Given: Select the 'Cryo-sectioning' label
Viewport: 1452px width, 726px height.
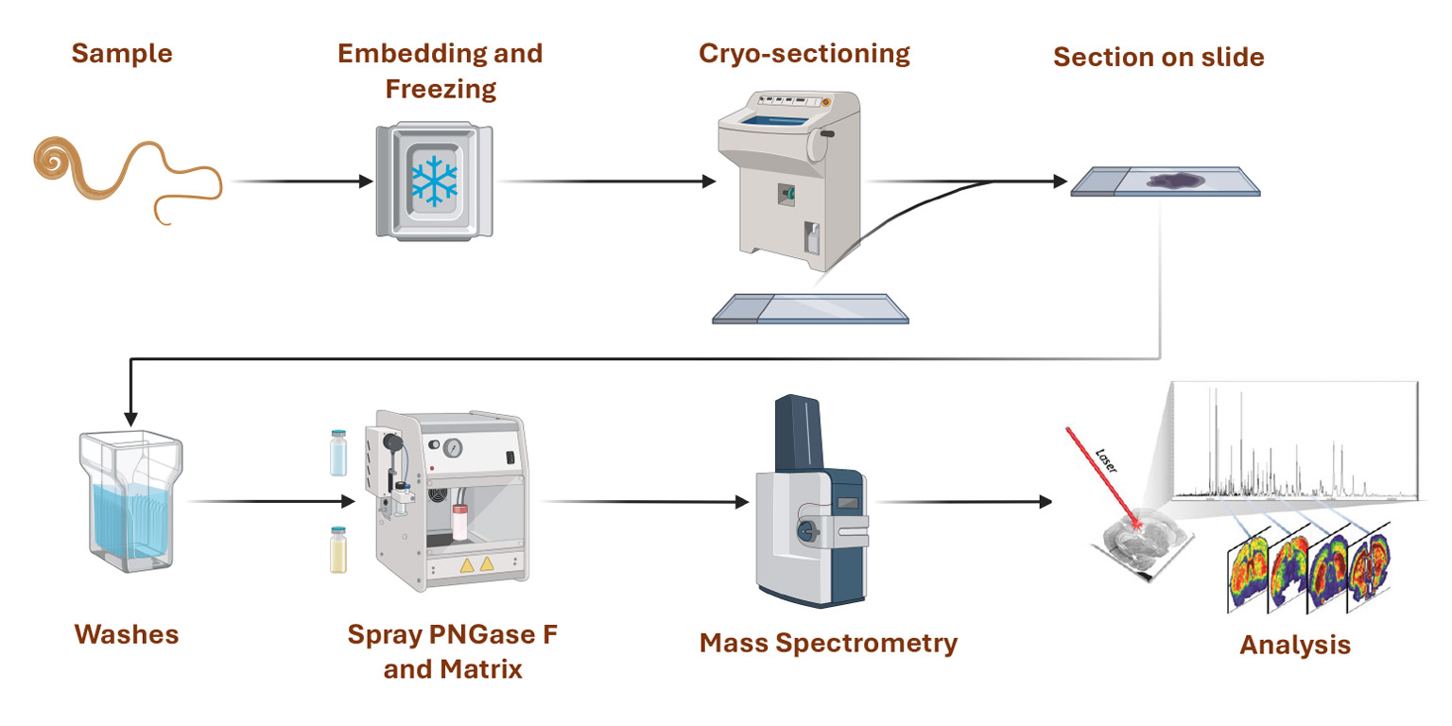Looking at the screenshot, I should coord(804,53).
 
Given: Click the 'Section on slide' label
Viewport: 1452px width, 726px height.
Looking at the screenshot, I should coord(1158,57).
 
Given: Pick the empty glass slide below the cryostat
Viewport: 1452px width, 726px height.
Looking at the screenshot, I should coord(810,308).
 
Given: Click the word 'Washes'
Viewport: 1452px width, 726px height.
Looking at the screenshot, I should coord(127,634).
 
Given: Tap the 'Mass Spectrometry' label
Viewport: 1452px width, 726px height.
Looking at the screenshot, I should coord(828,644).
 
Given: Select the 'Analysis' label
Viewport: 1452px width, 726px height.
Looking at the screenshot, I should coord(1294,646).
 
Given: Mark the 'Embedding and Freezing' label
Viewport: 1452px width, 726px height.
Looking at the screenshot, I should coord(441,71).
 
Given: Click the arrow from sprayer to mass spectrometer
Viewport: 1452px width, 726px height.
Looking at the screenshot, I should coord(643,501).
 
